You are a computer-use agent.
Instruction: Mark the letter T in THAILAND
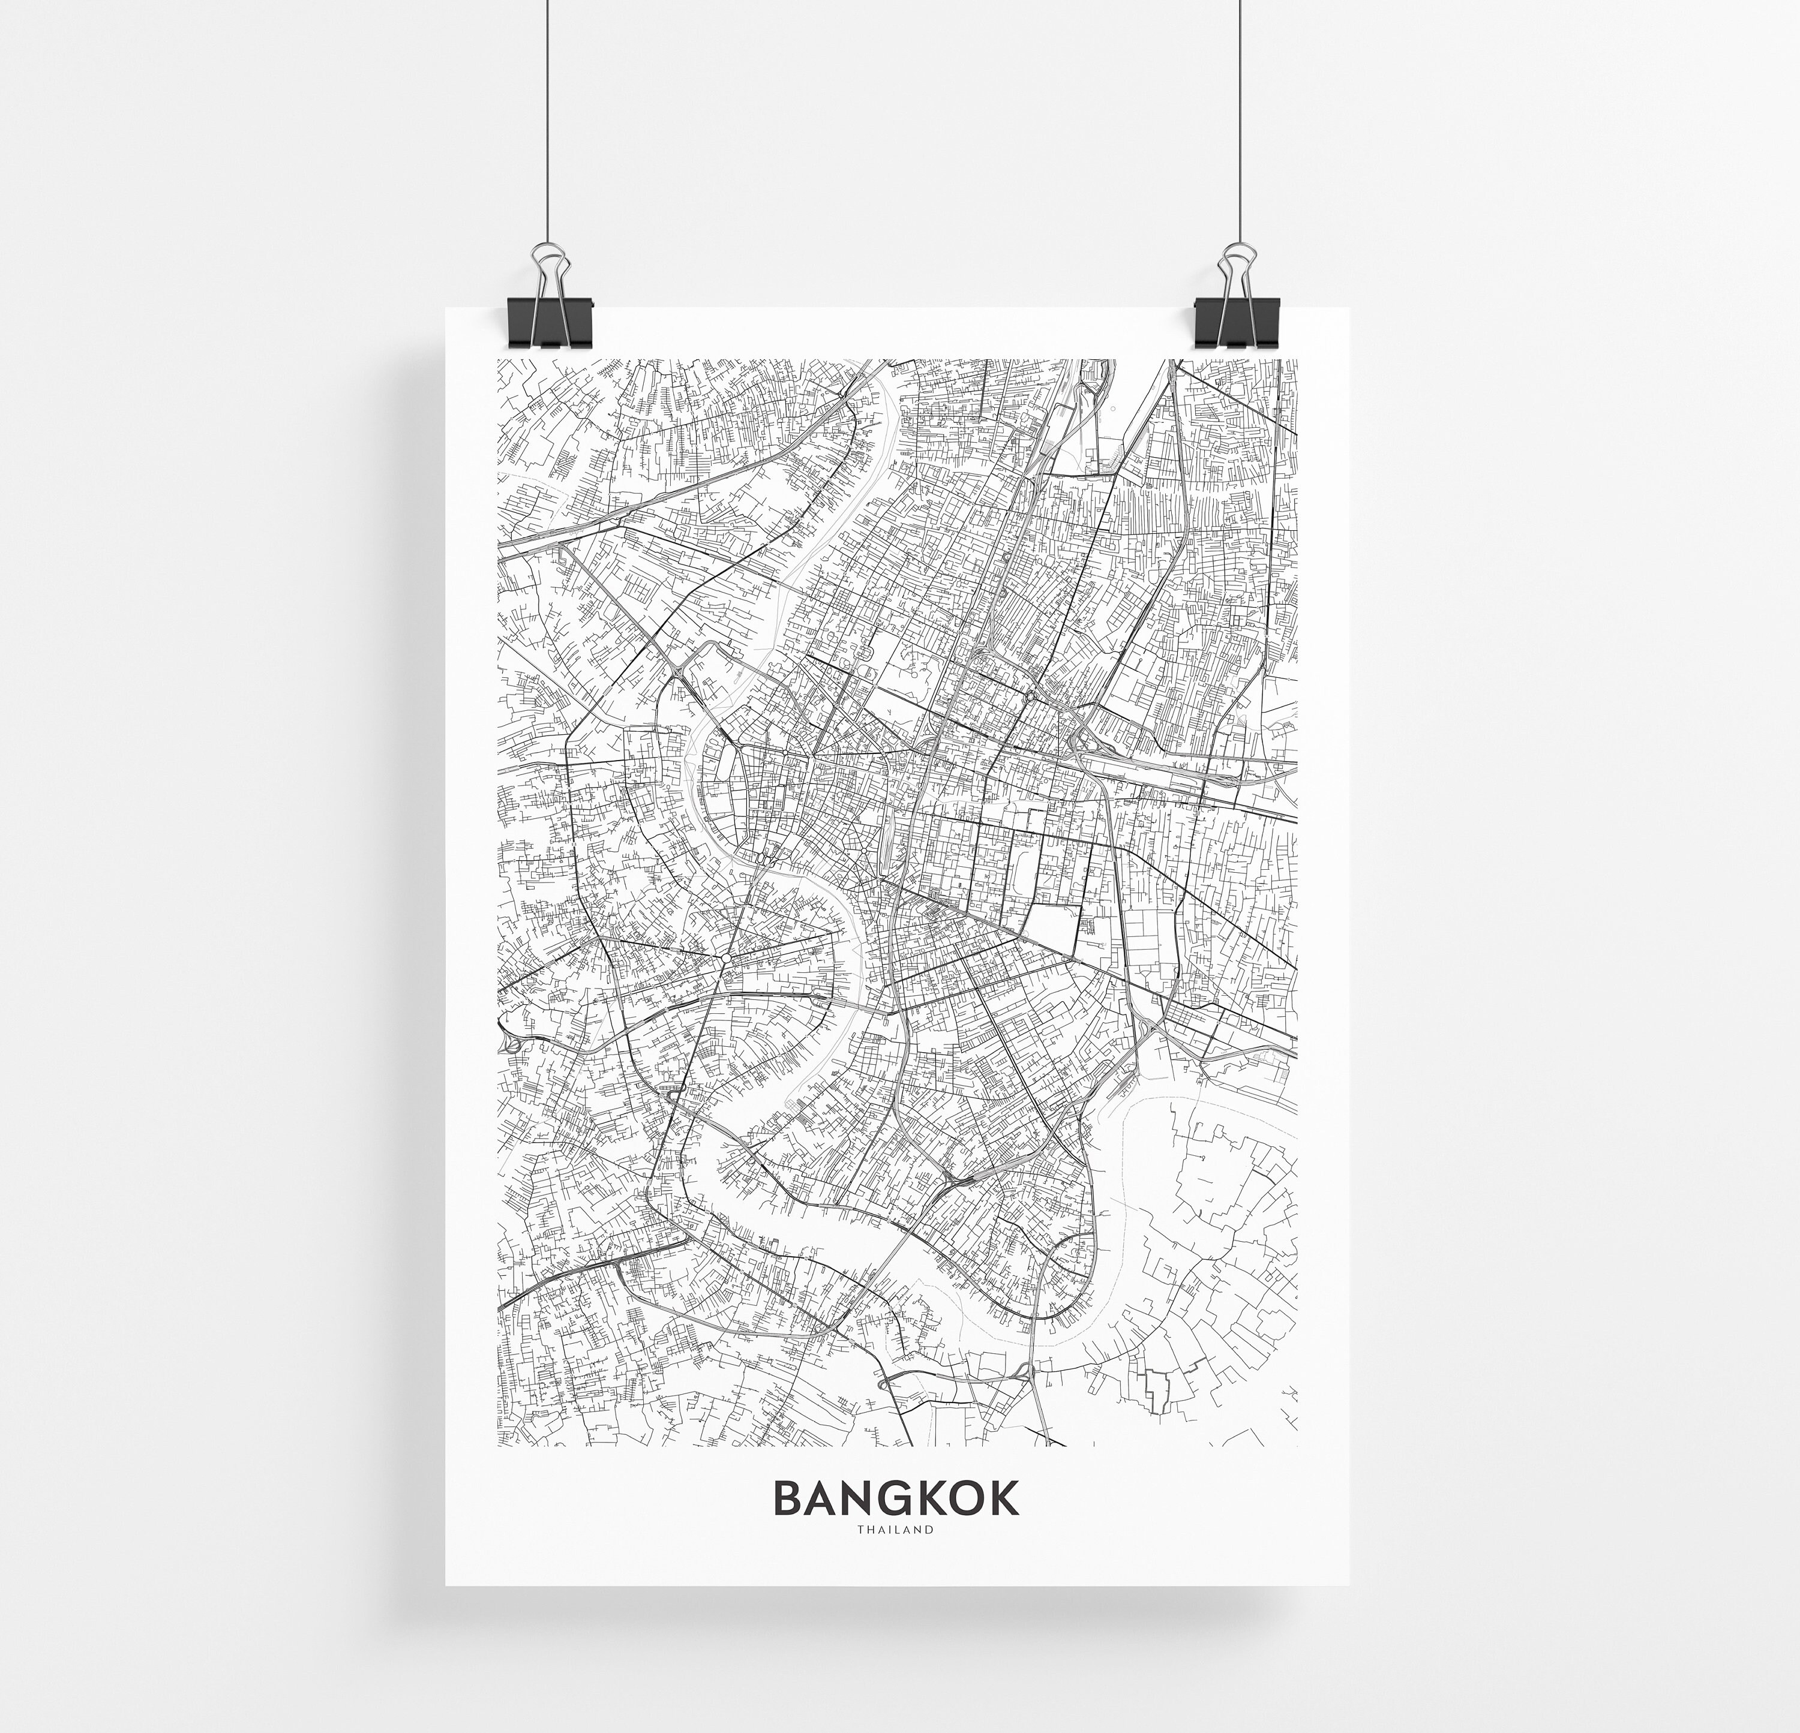pos(860,1530)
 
